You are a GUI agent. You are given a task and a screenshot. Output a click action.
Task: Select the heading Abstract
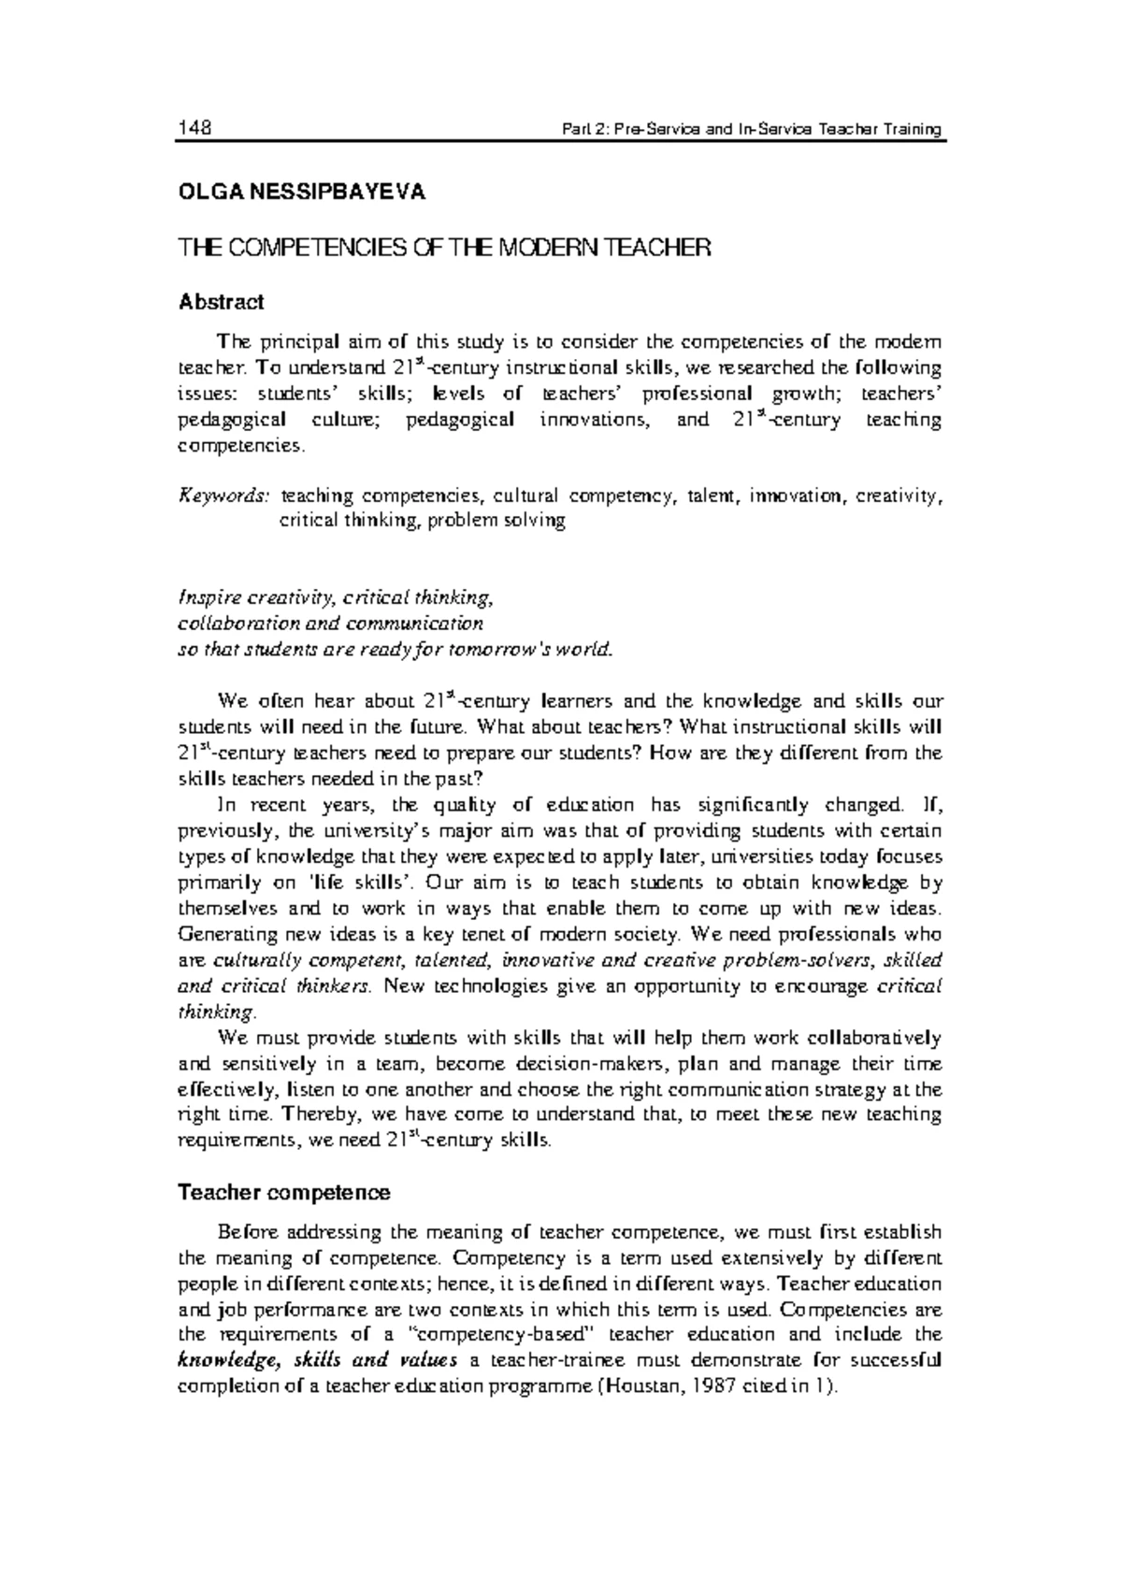tap(221, 302)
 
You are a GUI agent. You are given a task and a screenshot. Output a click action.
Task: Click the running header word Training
tap(913, 129)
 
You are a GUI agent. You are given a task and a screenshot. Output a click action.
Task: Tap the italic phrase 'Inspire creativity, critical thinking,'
tap(334, 596)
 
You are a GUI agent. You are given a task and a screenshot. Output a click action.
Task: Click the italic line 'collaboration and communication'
tap(330, 623)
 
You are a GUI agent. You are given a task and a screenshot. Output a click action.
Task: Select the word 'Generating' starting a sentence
tap(222, 934)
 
